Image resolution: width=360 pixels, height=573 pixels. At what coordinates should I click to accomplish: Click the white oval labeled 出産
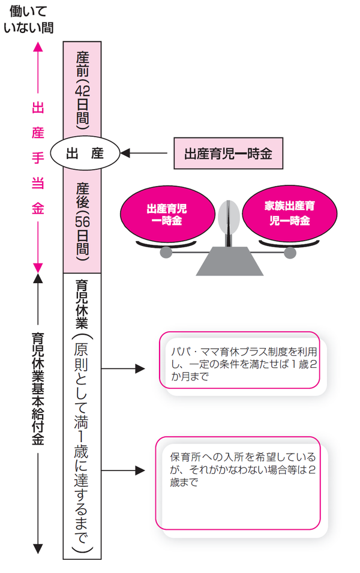pos(85,154)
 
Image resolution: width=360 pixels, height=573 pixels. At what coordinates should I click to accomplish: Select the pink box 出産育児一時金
pos(227,154)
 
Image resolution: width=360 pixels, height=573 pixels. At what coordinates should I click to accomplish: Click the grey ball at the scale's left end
pos(166,253)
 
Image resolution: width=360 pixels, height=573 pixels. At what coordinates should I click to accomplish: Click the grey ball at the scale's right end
pos(290,253)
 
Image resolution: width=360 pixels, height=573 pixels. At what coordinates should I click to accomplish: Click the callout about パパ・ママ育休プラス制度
pos(241,360)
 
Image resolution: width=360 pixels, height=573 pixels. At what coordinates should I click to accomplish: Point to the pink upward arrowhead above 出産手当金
pos(38,46)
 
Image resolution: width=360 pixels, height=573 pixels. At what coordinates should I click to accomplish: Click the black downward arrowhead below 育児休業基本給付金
pos(38,548)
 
